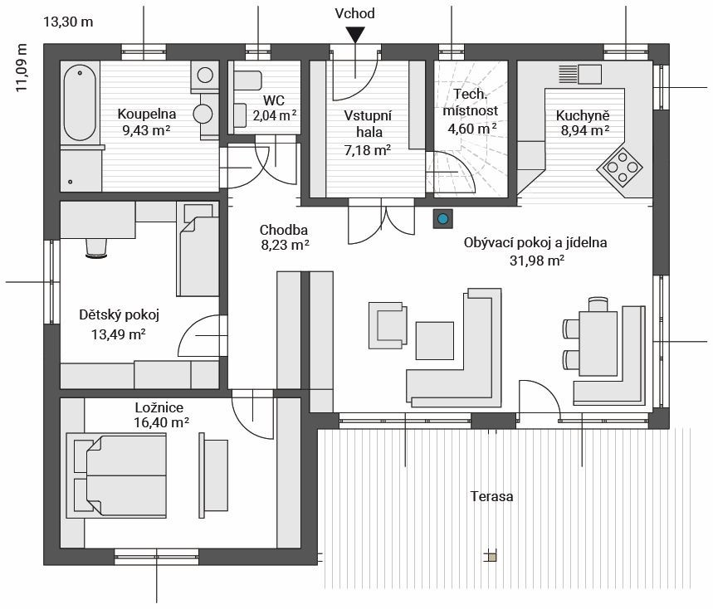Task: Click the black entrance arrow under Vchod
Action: [354, 35]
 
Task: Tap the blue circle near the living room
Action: [442, 218]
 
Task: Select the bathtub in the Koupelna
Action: [80, 103]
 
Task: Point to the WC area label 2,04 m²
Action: [275, 115]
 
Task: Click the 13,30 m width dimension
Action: [68, 22]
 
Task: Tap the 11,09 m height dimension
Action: [22, 68]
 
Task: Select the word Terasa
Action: [492, 496]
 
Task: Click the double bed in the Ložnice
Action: [116, 476]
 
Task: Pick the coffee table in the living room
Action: [435, 341]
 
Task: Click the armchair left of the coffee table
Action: [388, 325]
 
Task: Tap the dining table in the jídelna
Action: [598, 343]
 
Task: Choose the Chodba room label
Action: [284, 230]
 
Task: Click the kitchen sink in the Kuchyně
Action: [580, 74]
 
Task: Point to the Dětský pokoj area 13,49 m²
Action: [118, 334]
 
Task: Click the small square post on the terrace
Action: [491, 556]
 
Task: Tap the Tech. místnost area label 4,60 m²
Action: [472, 129]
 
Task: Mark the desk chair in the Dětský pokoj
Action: [96, 248]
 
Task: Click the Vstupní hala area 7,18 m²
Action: [368, 149]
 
